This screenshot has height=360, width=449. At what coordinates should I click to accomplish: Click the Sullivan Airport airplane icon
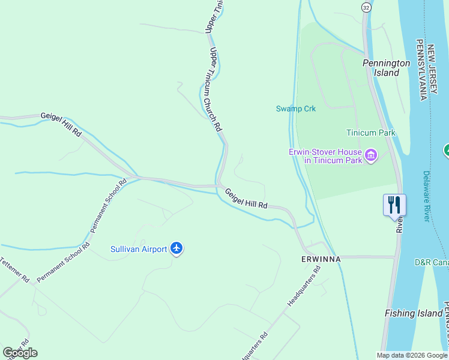(176, 248)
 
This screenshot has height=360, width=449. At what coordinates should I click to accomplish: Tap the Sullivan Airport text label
(139, 248)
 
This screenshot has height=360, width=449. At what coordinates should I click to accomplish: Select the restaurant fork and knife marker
(394, 205)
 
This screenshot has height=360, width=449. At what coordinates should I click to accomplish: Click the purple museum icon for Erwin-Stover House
(371, 156)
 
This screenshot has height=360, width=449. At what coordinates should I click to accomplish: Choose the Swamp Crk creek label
(295, 109)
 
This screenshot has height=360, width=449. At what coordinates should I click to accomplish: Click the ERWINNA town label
(321, 259)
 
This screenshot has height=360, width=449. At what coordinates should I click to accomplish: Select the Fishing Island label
(414, 313)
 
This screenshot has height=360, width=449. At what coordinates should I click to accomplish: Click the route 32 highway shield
(366, 7)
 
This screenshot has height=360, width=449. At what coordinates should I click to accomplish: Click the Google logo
(20, 353)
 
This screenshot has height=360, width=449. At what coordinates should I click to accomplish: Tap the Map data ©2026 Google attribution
(412, 355)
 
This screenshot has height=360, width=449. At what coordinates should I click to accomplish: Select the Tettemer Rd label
(14, 269)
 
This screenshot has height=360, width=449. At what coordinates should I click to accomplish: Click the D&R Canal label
(431, 263)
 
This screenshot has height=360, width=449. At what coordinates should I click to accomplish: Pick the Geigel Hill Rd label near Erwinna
(246, 199)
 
